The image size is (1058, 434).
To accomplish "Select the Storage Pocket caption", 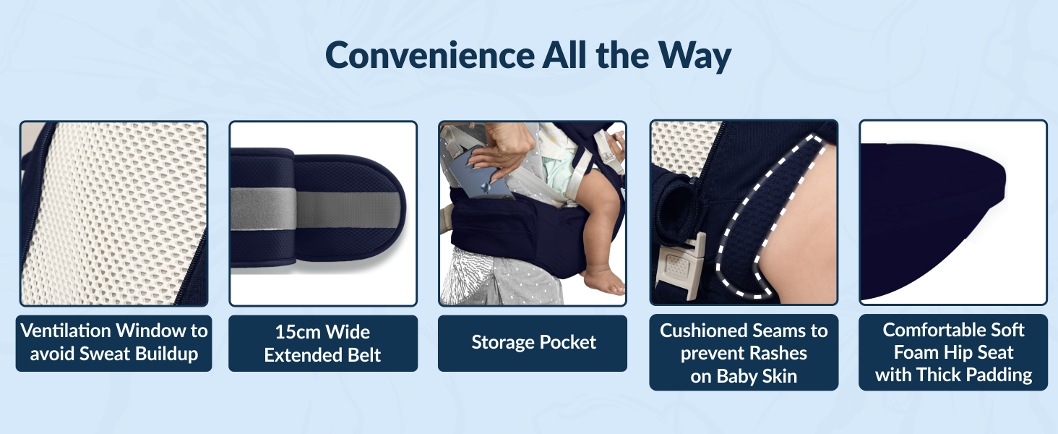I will click(x=533, y=342).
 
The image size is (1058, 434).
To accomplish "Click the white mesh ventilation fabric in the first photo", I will click(x=108, y=210).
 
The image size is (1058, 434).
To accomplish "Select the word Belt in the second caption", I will click(x=361, y=355).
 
